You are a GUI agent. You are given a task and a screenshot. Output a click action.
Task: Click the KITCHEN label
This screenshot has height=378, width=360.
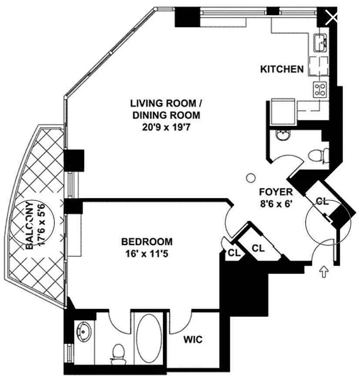(282, 69)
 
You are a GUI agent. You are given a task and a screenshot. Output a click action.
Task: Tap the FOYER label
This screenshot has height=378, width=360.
(276, 192)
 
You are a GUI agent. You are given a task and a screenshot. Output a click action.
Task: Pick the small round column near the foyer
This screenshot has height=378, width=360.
(251, 178)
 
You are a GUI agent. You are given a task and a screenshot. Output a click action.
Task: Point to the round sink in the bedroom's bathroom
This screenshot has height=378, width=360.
(84, 332)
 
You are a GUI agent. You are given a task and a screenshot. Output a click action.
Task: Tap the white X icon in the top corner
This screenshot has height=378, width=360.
(332, 18)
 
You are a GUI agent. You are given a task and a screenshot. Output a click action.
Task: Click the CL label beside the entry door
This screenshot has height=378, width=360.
(322, 201)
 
